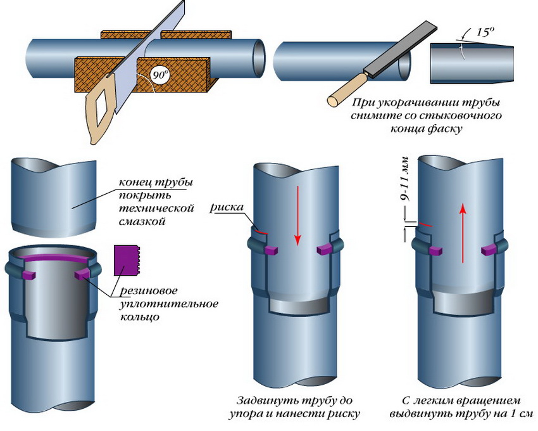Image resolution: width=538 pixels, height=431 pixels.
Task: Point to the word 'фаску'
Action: tap(444, 129)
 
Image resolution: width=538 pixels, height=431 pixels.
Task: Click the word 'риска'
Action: tap(227, 207)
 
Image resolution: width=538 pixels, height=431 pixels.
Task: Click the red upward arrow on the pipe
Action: tap(463, 228)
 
